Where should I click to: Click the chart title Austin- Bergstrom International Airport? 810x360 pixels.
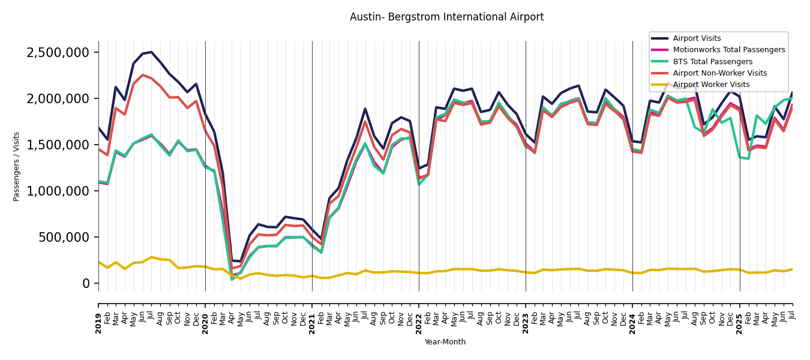[x=446, y=17]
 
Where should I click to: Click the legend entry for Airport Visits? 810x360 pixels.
[x=697, y=39]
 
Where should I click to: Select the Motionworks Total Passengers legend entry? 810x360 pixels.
[x=728, y=50]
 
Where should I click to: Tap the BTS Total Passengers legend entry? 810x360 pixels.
[x=712, y=62]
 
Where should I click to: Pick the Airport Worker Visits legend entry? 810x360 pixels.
[x=711, y=85]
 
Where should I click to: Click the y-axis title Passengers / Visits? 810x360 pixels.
[x=17, y=166]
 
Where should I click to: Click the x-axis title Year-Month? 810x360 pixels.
[x=445, y=342]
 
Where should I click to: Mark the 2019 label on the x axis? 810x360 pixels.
[x=98, y=316]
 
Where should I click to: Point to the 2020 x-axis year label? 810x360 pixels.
[x=205, y=316]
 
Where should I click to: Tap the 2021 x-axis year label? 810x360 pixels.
[x=312, y=316]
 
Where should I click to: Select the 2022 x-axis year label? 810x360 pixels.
[x=419, y=316]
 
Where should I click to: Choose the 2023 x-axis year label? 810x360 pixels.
[x=526, y=316]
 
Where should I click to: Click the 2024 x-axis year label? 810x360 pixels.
[x=632, y=316]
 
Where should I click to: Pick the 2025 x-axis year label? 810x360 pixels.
[x=739, y=316]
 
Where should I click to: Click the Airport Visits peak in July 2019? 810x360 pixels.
[x=151, y=52]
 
